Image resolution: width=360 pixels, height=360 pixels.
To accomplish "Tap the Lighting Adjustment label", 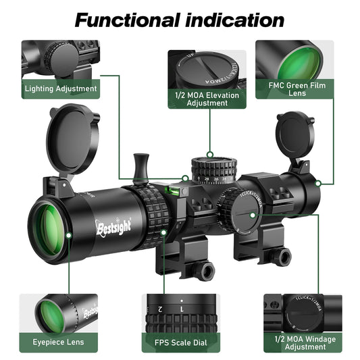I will tap(61, 88).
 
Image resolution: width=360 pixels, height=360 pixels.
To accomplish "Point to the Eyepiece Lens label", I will tap(59, 342).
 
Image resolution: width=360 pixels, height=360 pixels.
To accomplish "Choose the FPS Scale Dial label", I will tap(180, 342).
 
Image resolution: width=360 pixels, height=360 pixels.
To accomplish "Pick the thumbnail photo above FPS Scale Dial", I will tap(180, 312).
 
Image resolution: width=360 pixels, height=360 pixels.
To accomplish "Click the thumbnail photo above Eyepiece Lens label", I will tap(59, 312).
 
